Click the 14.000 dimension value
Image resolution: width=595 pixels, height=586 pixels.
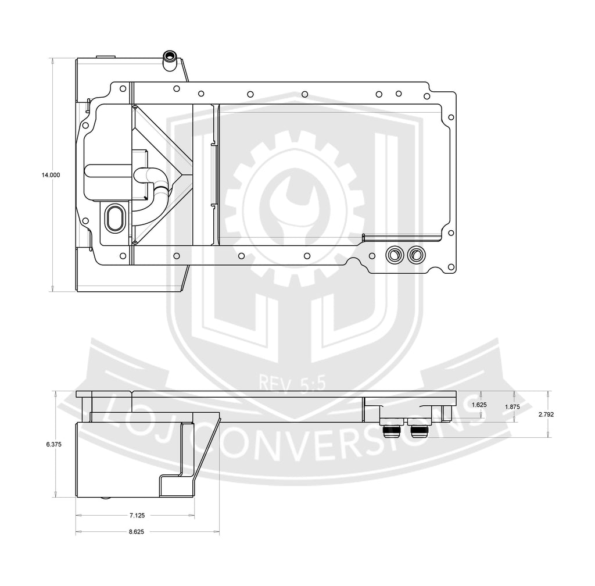(x=51, y=175)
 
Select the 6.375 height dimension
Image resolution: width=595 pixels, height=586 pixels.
(x=54, y=444)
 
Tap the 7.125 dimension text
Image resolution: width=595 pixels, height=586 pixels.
(x=137, y=516)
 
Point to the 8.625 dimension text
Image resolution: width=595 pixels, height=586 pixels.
(x=136, y=532)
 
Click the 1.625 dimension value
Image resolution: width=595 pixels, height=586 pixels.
(x=479, y=405)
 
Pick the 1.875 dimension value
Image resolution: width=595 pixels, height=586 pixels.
(x=512, y=407)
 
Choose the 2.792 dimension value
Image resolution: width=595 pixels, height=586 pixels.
(x=546, y=415)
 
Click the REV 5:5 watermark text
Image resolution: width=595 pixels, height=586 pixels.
(x=292, y=383)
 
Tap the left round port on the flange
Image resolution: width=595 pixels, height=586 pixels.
(x=394, y=255)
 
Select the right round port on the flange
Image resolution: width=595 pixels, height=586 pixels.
(x=416, y=255)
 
